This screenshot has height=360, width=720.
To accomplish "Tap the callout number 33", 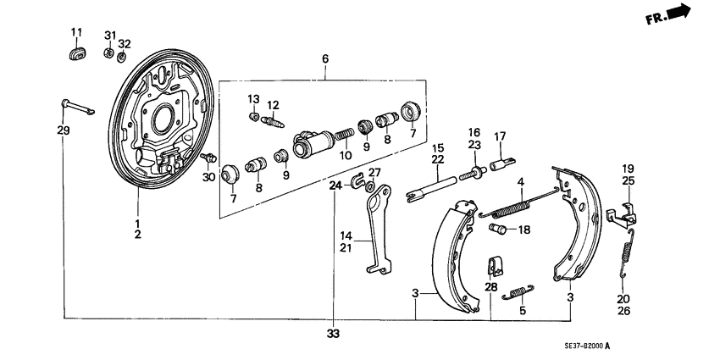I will click(x=334, y=334).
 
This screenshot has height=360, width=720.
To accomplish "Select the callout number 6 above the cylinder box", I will click(x=324, y=58).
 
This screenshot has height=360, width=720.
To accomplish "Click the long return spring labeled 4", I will click(x=518, y=206).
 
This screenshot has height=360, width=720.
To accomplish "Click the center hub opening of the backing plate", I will click(x=162, y=119).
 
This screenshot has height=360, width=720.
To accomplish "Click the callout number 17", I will click(x=500, y=136).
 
